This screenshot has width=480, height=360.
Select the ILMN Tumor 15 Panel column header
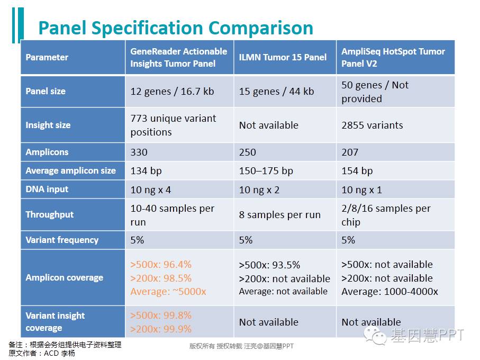click(283, 57)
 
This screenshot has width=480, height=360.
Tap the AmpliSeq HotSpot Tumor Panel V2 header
click(393, 57)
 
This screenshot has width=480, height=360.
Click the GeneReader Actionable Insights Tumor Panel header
click(179, 57)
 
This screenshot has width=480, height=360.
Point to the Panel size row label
click(46, 91)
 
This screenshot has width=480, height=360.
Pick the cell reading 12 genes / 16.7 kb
click(172, 91)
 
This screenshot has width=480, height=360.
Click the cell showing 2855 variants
click(372, 125)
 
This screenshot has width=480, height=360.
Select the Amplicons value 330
click(139, 152)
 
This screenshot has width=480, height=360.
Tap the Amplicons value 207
click(350, 152)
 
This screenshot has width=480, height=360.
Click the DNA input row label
click(47, 189)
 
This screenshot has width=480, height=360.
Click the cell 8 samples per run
click(279, 215)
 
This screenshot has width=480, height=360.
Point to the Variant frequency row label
click(62, 240)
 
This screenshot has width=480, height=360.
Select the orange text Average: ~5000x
click(168, 292)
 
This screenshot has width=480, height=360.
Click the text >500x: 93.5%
click(269, 265)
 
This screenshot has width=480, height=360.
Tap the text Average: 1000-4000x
click(390, 292)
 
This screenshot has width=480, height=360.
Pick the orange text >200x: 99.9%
click(161, 329)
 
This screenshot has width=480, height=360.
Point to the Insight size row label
click(48, 125)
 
